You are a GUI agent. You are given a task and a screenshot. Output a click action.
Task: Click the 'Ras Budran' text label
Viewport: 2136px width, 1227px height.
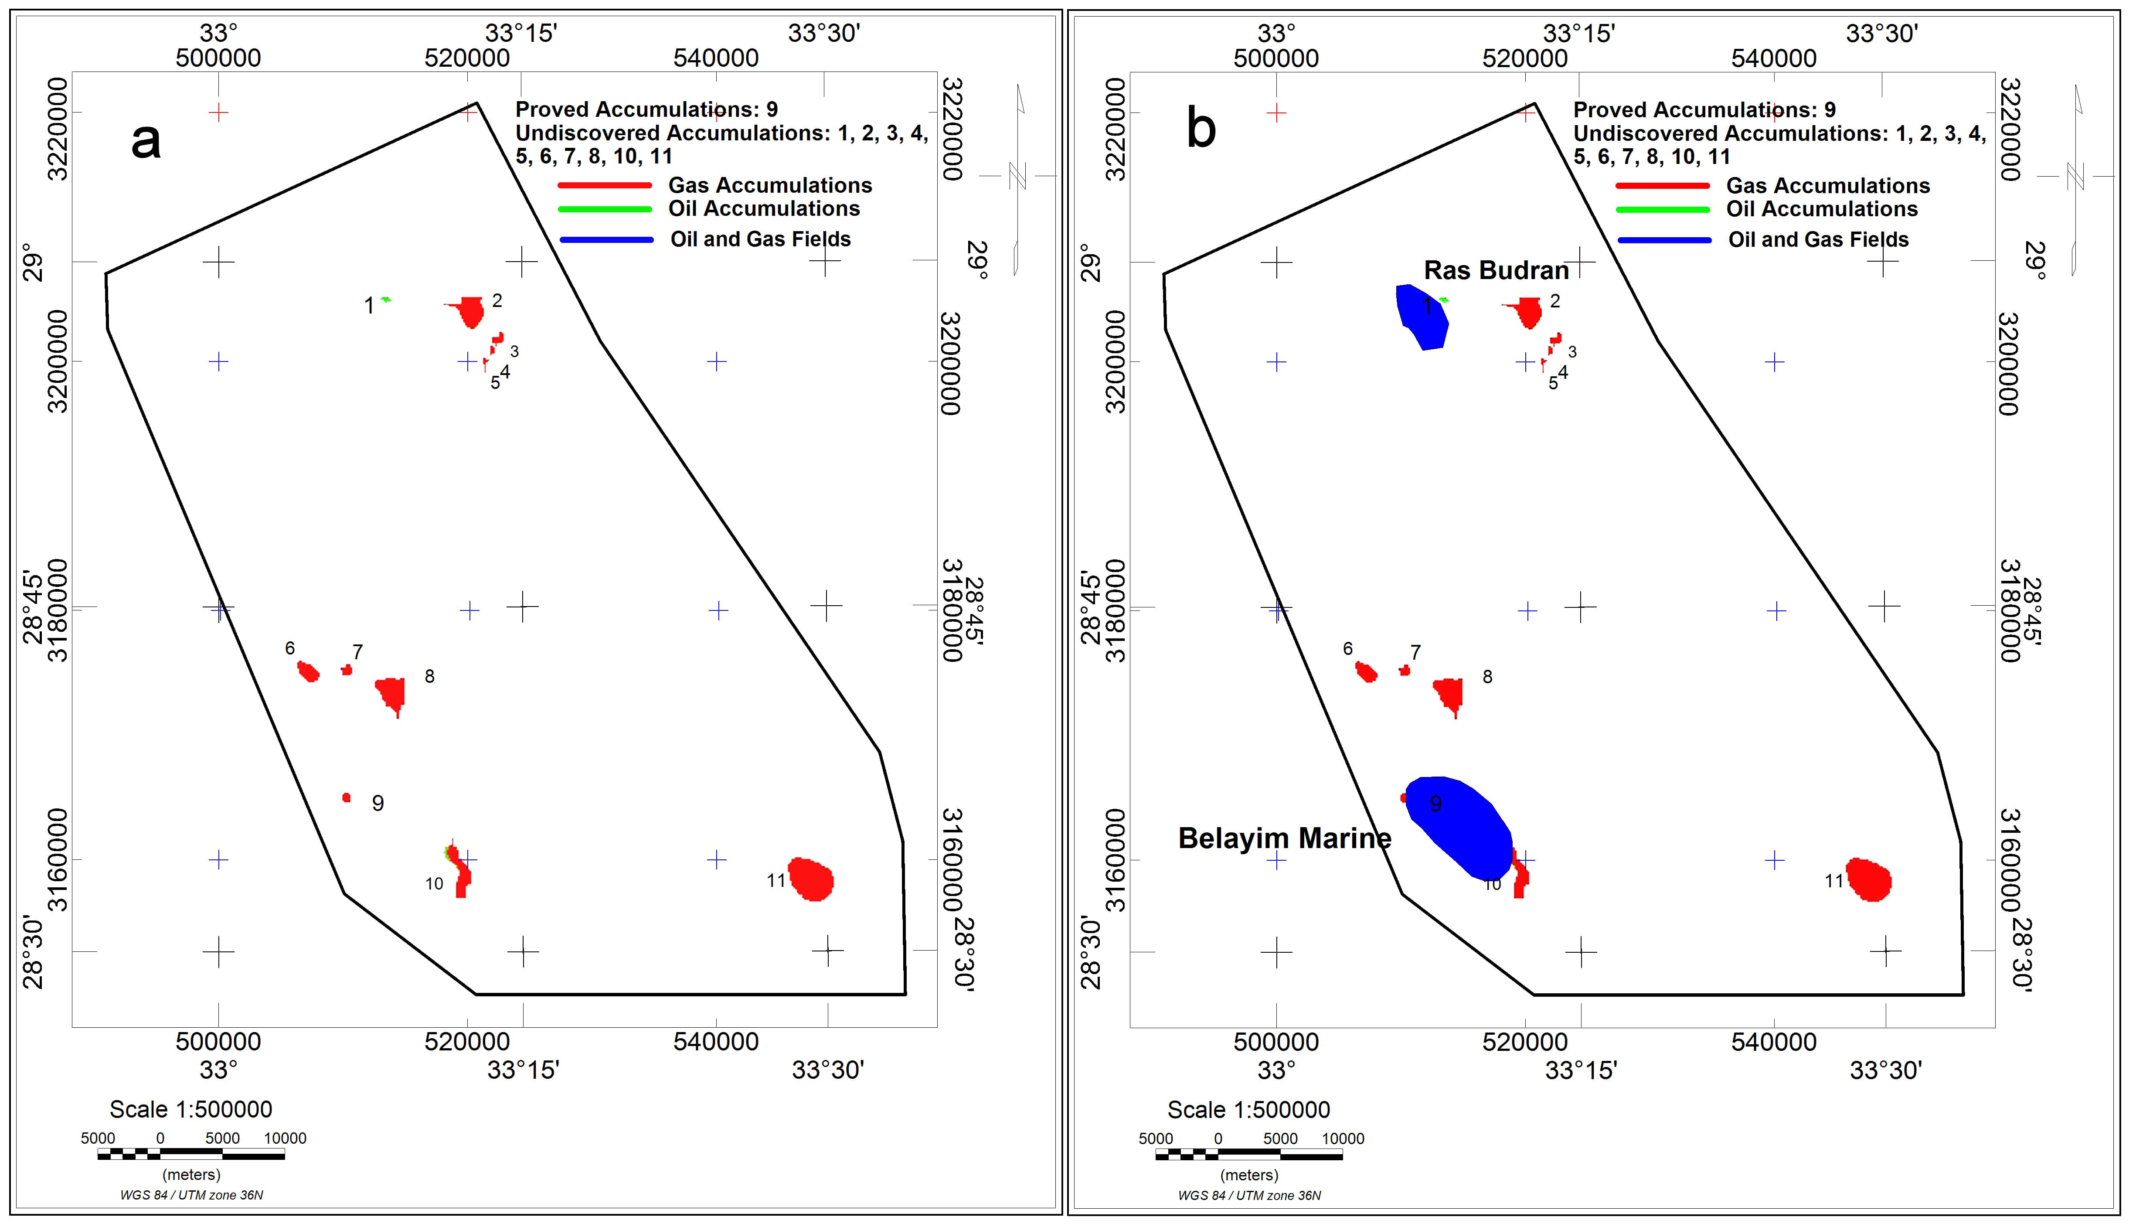click(x=1496, y=270)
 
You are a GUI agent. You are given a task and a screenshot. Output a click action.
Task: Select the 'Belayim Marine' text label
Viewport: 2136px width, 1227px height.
click(x=1285, y=838)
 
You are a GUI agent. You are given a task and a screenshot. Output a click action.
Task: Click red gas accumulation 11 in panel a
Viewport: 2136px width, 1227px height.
click(x=811, y=879)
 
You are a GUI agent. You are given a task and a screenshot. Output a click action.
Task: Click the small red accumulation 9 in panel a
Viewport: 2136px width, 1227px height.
click(x=346, y=797)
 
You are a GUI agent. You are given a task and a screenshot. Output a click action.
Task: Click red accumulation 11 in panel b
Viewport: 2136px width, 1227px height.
click(x=1869, y=879)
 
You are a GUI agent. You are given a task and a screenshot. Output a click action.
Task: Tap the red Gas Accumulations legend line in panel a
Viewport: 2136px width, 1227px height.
click(x=605, y=185)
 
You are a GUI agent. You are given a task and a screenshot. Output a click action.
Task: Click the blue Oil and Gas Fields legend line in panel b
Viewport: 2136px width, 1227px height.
click(x=1663, y=240)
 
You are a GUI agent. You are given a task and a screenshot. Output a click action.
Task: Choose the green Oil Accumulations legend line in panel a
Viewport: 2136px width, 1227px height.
click(x=605, y=209)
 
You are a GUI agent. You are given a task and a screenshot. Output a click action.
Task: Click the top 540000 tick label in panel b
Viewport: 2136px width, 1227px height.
click(x=1774, y=58)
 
